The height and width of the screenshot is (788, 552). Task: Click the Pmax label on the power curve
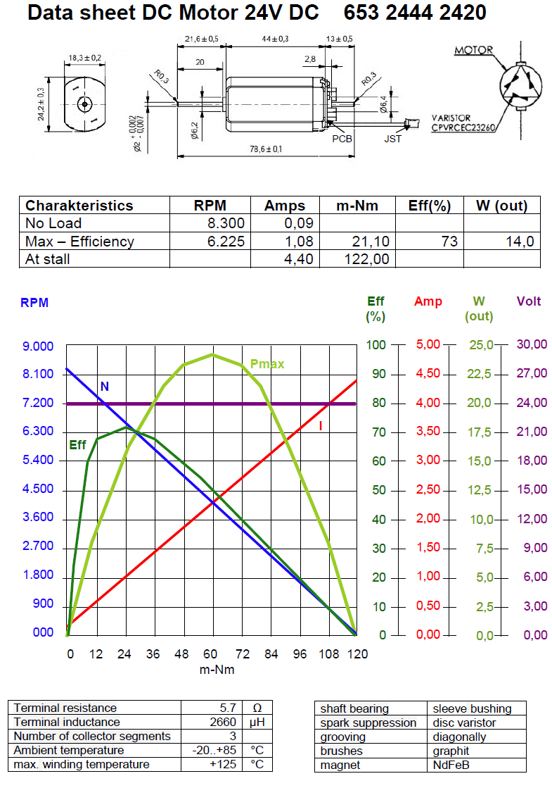click(267, 364)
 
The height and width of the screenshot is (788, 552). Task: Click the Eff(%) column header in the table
click(429, 206)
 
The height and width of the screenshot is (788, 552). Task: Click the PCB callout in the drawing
click(342, 139)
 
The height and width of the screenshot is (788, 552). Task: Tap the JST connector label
click(394, 139)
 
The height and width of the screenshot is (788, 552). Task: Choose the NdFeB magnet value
click(451, 765)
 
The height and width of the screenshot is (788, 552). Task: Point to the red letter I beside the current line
click(321, 426)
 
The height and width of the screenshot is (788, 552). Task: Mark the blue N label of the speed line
click(104, 387)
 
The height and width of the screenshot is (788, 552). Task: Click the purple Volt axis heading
click(529, 301)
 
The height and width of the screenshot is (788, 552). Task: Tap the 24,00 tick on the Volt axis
click(531, 403)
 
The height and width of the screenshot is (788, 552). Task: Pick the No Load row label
click(53, 223)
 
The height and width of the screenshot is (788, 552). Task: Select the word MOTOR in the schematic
click(473, 51)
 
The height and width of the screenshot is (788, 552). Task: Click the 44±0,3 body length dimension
click(275, 39)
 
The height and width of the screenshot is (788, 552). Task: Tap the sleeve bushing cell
click(472, 708)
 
